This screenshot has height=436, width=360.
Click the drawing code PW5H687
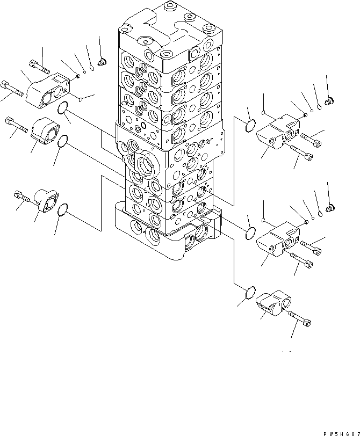point(342,434)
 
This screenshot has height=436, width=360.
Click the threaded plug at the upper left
point(102,62)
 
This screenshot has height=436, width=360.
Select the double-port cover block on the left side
point(47,91)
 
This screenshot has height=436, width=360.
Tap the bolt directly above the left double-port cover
point(39,66)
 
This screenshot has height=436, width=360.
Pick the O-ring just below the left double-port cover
point(63,107)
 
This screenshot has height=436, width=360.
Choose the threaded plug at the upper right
point(330,100)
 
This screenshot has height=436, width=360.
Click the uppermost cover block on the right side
point(278,131)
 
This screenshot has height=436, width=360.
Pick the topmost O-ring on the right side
point(251,126)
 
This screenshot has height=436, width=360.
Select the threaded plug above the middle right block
point(330,207)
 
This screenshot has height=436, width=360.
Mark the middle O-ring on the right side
point(250,234)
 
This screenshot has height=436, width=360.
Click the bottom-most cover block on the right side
point(273,303)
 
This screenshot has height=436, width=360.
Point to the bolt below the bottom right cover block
point(300,318)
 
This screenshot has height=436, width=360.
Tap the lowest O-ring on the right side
point(251,293)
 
